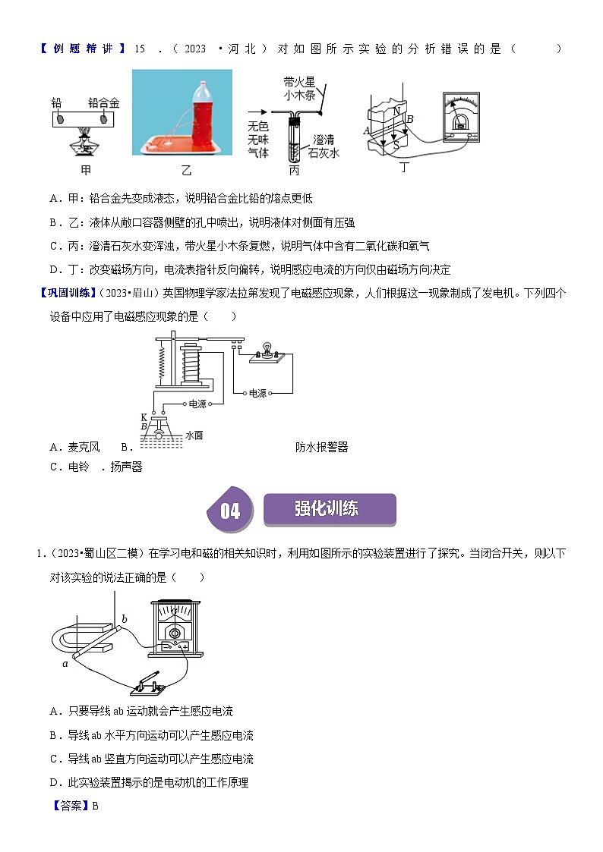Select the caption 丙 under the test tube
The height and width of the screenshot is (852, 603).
pyautogui.click(x=294, y=170)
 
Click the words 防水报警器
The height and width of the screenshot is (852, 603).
pyautogui.click(x=322, y=447)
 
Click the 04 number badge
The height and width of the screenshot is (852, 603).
pyautogui.click(x=230, y=511)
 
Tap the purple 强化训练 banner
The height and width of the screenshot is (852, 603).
pyautogui.click(x=330, y=509)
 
